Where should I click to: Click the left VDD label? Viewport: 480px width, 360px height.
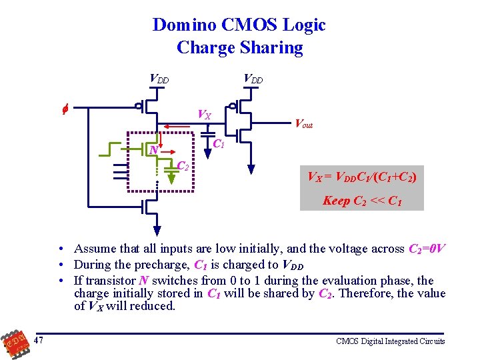coord(159,79)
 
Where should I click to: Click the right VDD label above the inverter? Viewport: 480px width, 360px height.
coord(253,79)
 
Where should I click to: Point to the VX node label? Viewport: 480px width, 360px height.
coord(204,115)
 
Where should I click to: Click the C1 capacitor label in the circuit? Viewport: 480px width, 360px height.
coord(218,144)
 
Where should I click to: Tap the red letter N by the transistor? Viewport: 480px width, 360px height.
coord(154,150)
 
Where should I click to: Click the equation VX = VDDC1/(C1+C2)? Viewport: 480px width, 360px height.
coord(361,177)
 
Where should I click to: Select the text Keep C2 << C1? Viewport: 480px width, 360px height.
coord(361,200)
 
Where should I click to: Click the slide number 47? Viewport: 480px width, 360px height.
coord(41,341)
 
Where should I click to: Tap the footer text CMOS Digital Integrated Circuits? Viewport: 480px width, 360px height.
coord(390,341)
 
